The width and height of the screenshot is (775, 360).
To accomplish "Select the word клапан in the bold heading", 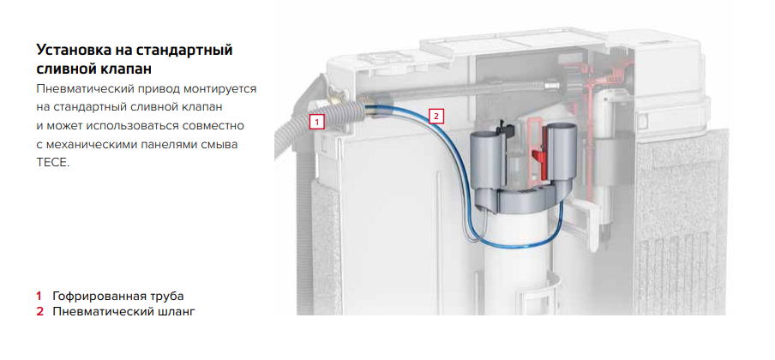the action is (127, 69).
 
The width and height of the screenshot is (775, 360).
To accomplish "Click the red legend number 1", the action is (39, 297).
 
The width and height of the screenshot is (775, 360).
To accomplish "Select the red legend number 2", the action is (39, 311).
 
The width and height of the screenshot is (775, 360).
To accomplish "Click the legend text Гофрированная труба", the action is (118, 297).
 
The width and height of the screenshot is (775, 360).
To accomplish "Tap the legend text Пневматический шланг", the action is (124, 312).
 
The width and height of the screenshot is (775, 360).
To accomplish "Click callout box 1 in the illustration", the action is (317, 122).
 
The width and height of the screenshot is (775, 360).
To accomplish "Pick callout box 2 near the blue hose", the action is (436, 117).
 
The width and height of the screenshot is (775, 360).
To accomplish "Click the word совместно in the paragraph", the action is (214, 126).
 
